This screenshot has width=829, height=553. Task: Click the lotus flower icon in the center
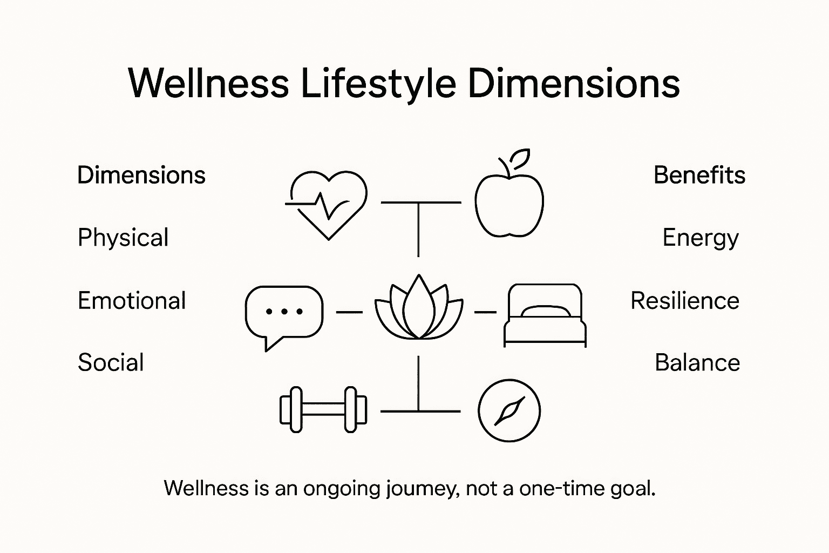[x=419, y=309]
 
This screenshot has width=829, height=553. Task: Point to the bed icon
[x=545, y=315]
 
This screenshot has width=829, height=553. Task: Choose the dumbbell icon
[x=323, y=409]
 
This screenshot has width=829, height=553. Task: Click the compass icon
[x=509, y=410]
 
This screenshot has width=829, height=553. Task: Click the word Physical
[x=123, y=238]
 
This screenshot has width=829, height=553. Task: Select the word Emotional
[x=132, y=301]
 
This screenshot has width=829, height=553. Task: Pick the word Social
[x=111, y=362]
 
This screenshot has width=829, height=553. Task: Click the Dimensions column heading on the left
[x=141, y=175]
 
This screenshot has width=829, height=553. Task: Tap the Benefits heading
[x=699, y=175]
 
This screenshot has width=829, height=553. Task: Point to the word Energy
[x=700, y=238]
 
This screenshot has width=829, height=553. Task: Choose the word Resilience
[x=684, y=301]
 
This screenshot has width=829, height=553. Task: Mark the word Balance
[x=697, y=362]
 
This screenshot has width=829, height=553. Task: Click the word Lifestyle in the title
[x=377, y=84]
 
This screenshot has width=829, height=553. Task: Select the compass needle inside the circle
[x=509, y=411]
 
